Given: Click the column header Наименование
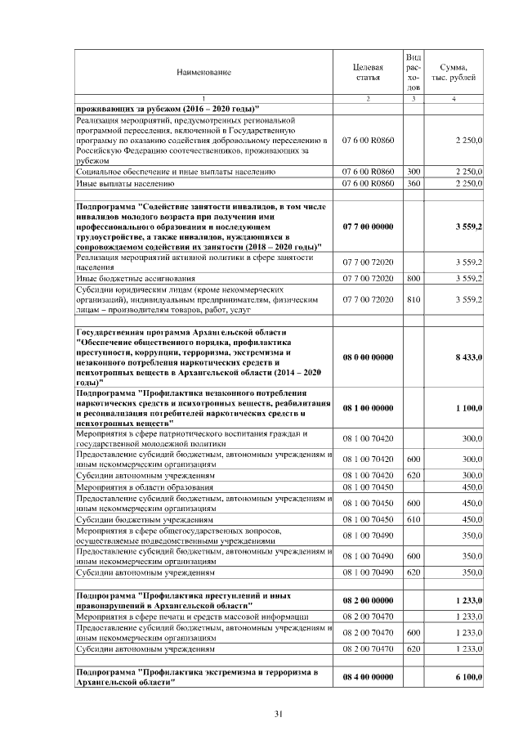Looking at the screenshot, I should (203, 72).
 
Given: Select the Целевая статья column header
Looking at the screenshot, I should (368, 72).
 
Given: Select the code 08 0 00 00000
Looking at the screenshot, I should (368, 357).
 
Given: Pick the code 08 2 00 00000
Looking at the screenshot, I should (368, 601).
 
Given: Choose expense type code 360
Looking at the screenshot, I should (413, 184).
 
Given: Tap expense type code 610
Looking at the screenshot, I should (413, 519).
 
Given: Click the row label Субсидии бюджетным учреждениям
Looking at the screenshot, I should (145, 519).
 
